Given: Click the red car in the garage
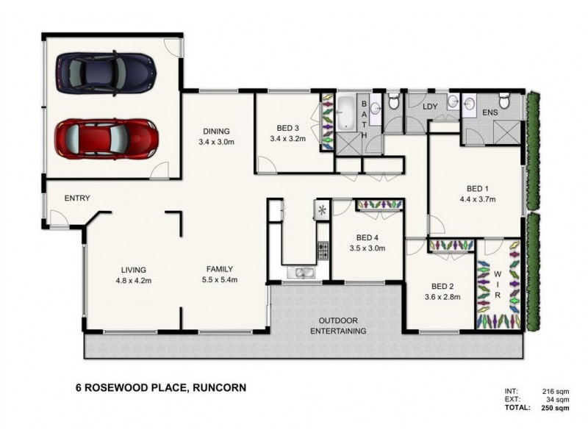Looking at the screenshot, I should tap(107, 137).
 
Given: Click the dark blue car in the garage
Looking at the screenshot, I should tap(107, 71).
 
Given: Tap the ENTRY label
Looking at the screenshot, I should tap(77, 198).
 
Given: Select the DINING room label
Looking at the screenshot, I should tap(216, 132).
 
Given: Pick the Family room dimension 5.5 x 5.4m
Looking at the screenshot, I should tap(219, 279).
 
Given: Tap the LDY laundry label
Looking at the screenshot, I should tap(431, 107).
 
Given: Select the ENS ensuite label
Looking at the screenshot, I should tap(490, 112).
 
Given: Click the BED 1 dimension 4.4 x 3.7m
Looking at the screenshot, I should tap(477, 198).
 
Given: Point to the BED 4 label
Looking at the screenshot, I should tap(367, 237).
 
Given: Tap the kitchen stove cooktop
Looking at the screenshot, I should tap(322, 251).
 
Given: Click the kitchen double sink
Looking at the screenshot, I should tap(304, 273).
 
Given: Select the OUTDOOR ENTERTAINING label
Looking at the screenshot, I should tap(338, 326).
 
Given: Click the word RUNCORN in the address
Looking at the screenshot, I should tap(218, 387).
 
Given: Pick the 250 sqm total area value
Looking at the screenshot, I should tap(556, 408).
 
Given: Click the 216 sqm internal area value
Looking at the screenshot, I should tap(556, 390).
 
